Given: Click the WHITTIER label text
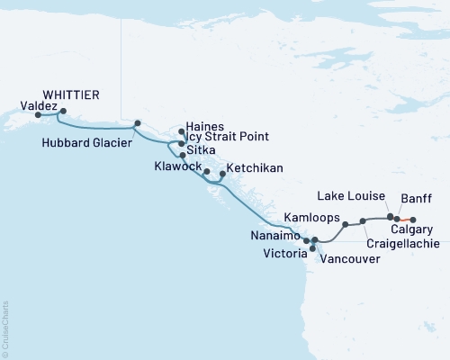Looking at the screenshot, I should click(71, 94).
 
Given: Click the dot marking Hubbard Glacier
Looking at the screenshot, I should click(138, 123).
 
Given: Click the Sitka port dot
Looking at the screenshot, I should click(183, 155).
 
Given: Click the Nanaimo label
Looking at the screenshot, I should click(275, 236).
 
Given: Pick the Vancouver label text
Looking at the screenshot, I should click(349, 258).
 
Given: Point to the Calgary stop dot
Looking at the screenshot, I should click(413, 220).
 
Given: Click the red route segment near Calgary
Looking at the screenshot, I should click(405, 220).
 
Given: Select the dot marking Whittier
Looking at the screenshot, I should click(63, 111).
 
